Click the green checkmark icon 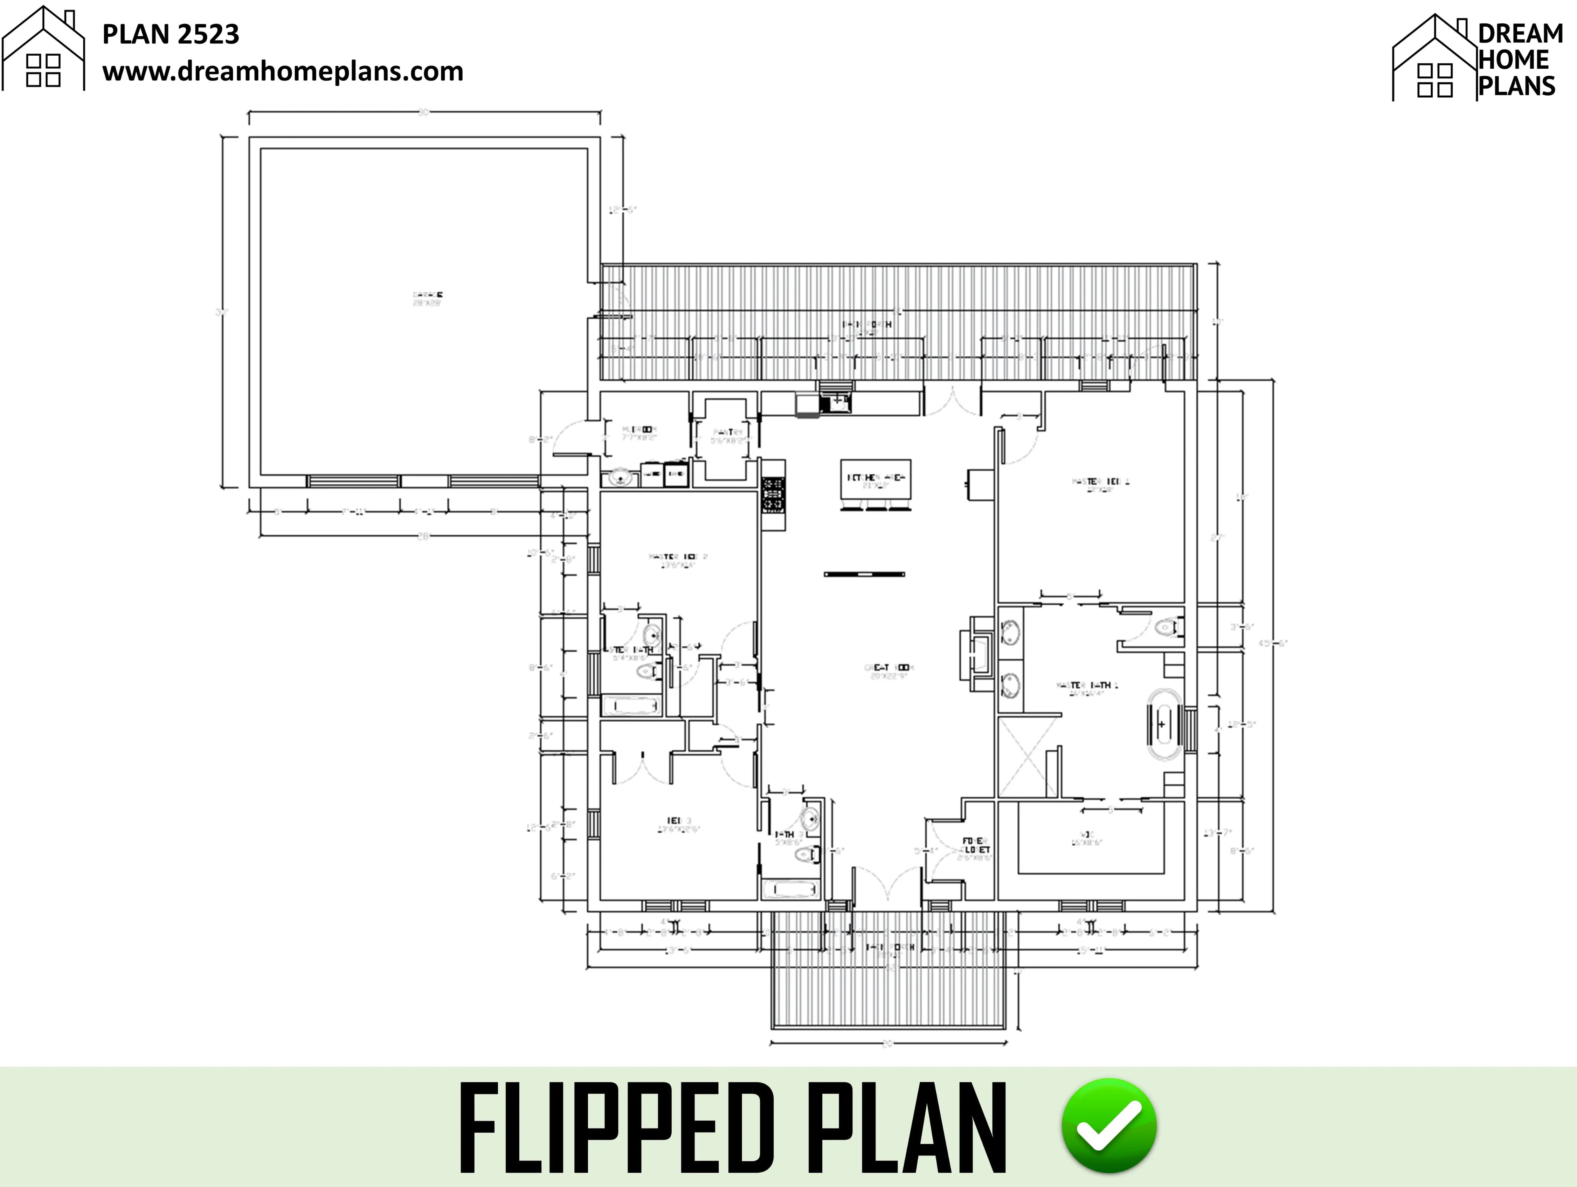pyautogui.click(x=1109, y=1125)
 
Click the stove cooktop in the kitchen pyautogui.click(x=773, y=494)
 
